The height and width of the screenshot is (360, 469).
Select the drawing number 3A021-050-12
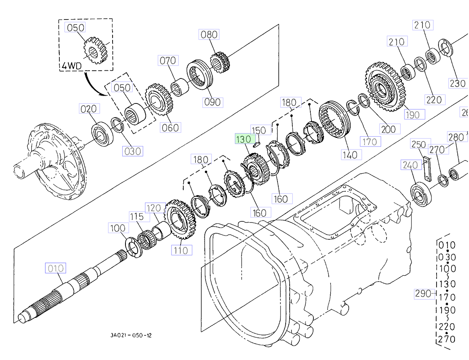point(131,335)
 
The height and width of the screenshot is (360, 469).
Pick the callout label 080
point(209,34)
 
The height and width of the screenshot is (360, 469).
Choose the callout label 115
point(137,217)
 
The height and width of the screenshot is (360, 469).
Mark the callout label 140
point(349,155)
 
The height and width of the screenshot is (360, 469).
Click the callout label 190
point(413,114)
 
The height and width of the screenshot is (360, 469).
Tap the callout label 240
point(410,166)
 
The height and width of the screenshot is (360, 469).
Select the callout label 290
point(423,294)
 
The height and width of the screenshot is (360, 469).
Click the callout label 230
point(458,83)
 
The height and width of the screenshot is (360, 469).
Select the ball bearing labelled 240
point(421,194)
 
